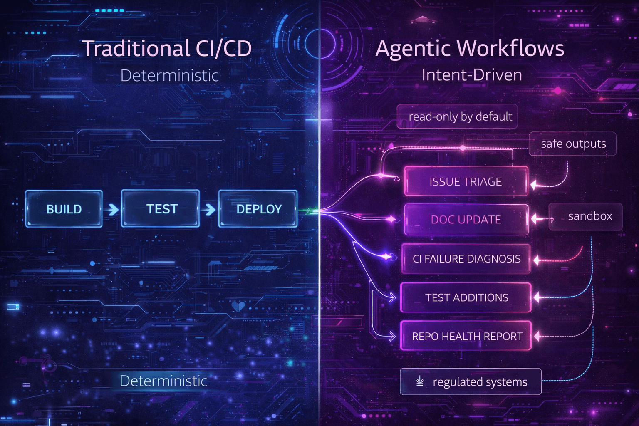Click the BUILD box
click(64, 209)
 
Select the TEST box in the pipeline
click(161, 209)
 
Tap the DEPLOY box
click(258, 209)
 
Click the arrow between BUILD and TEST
click(111, 209)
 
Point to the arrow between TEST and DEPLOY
click(209, 209)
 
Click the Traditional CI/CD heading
click(166, 48)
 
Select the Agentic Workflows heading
click(470, 48)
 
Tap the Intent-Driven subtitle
click(472, 75)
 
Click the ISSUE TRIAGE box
click(466, 181)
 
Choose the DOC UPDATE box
click(466, 220)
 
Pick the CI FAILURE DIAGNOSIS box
click(466, 259)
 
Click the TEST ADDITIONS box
click(466, 297)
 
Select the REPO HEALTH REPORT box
click(466, 336)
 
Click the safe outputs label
click(573, 144)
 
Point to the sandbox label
click(589, 216)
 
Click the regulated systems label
click(480, 382)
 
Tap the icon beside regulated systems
click(420, 381)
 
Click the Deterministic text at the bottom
click(163, 381)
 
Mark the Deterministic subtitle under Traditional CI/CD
click(169, 76)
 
